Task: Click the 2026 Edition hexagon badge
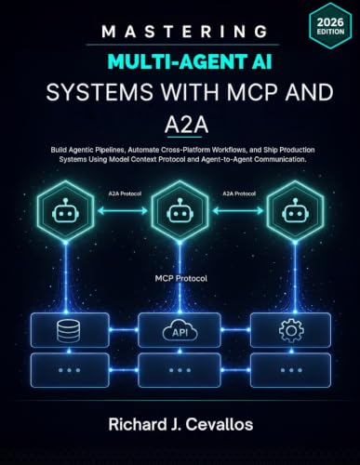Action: pyautogui.click(x=330, y=27)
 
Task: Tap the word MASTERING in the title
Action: pyautogui.click(x=185, y=32)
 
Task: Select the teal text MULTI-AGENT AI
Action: pyautogui.click(x=190, y=61)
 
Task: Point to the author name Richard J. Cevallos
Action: pyautogui.click(x=180, y=424)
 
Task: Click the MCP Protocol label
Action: pyautogui.click(x=181, y=278)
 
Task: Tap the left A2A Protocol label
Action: pyautogui.click(x=125, y=193)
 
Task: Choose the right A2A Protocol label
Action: pyautogui.click(x=239, y=193)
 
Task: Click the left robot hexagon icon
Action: pyautogui.click(x=65, y=211)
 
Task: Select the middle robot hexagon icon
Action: pyautogui.click(x=180, y=211)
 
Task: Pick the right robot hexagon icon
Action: pyautogui.click(x=295, y=211)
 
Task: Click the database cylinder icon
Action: pyautogui.click(x=69, y=331)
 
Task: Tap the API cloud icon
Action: pyautogui.click(x=180, y=331)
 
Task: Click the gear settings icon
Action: pyautogui.click(x=291, y=331)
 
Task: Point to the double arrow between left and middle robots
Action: pyautogui.click(x=123, y=211)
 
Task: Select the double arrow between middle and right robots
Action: pyautogui.click(x=238, y=211)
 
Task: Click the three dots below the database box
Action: pyautogui.click(x=69, y=370)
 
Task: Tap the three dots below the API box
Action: pyautogui.click(x=180, y=370)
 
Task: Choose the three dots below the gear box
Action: pyautogui.click(x=291, y=370)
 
